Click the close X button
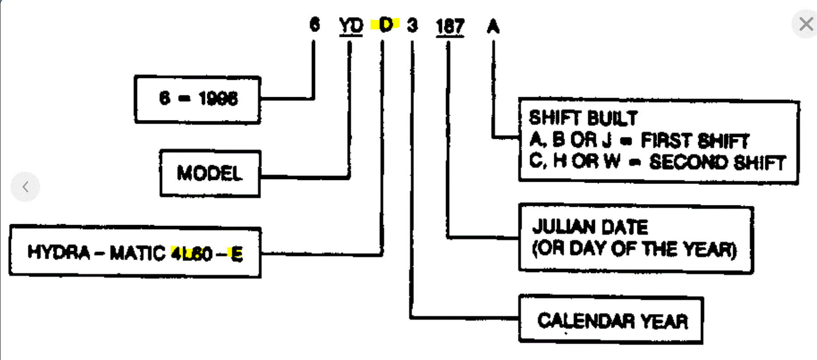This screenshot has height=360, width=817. (x=806, y=24)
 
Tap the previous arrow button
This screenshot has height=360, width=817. (x=25, y=187)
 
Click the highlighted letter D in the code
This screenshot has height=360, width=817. (x=386, y=25)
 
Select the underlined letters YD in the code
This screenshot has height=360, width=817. (x=351, y=26)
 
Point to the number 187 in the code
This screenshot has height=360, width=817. (x=450, y=26)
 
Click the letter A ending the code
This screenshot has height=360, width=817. (x=493, y=27)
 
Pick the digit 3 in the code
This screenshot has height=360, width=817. (x=412, y=25)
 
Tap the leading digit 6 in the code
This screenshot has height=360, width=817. (x=314, y=25)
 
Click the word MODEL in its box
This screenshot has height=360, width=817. (x=209, y=173)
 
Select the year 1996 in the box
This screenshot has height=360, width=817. (x=218, y=99)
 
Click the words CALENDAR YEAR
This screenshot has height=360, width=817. (x=612, y=321)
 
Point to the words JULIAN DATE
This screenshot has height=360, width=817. (x=590, y=227)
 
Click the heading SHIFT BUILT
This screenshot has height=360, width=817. (x=583, y=118)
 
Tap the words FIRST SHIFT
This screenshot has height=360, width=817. (x=695, y=141)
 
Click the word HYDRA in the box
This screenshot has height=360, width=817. (x=59, y=252)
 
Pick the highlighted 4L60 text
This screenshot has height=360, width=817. (x=192, y=254)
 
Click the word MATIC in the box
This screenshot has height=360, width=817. (x=137, y=253)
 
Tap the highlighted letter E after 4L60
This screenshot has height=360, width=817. (x=237, y=254)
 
